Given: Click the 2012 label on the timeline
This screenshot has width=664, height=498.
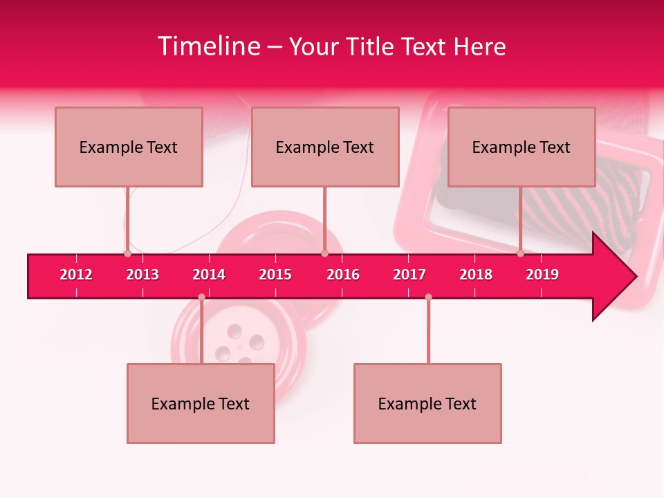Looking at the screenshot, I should [x=76, y=275].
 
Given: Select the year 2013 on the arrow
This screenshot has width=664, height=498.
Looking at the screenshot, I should [x=142, y=275].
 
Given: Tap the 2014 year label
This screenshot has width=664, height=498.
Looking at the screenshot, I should [x=209, y=275].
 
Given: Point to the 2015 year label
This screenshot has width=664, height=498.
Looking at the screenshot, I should [x=275, y=275].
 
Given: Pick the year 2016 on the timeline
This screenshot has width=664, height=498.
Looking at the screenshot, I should [x=343, y=275].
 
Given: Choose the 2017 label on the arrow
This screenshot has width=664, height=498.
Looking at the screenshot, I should [x=409, y=275].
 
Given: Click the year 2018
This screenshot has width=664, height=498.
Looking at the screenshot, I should [x=476, y=275].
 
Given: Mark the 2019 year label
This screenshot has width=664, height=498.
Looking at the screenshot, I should [x=542, y=275].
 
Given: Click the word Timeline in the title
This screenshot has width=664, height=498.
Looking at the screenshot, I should [x=209, y=46].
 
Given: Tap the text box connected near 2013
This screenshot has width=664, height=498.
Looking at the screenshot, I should [x=129, y=147].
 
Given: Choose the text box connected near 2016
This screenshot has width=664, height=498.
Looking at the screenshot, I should [x=325, y=147].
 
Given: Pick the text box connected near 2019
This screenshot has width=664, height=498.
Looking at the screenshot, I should [x=522, y=147].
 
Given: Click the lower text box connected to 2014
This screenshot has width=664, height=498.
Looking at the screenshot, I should [x=201, y=403].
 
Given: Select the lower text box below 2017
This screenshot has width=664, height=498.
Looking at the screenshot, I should [x=427, y=403].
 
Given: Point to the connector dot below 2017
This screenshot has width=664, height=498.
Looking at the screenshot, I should [x=428, y=297].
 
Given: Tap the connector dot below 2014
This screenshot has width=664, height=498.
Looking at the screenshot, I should [x=201, y=297].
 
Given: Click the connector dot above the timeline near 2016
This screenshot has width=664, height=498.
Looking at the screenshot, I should [x=324, y=254].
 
